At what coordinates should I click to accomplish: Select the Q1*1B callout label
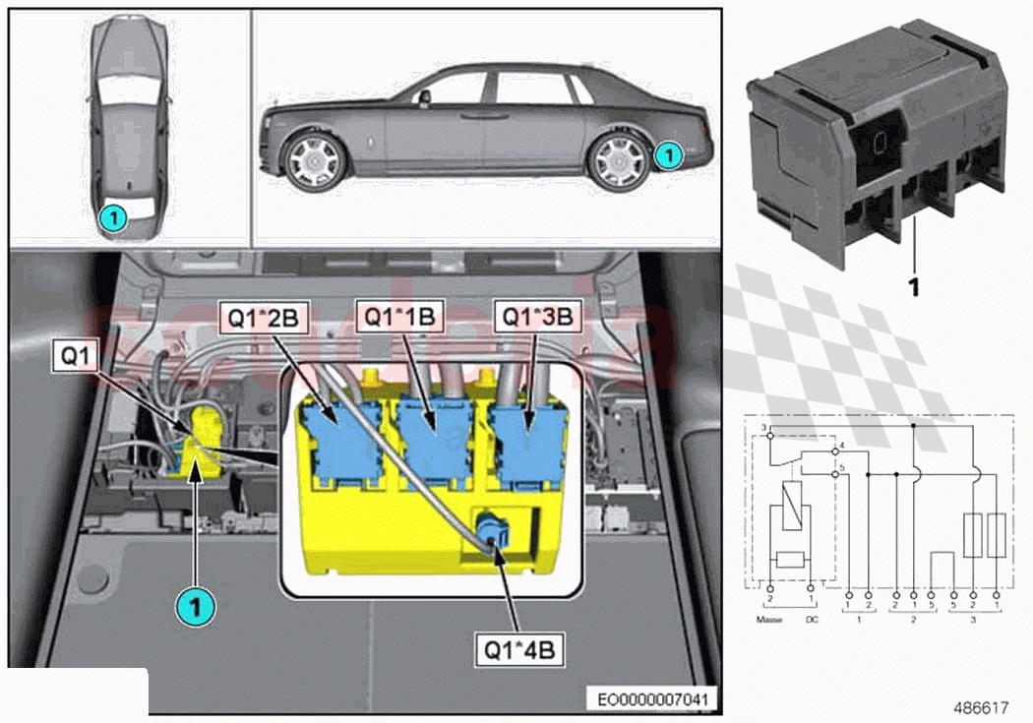click(x=400, y=318)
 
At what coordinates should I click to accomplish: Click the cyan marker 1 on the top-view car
click(x=113, y=215)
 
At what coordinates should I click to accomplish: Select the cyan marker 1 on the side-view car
click(x=667, y=154)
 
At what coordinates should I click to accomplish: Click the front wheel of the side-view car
click(x=315, y=161)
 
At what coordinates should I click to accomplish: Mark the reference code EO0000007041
click(x=653, y=699)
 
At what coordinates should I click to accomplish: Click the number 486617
click(x=980, y=706)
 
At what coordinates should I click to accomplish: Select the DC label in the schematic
click(x=811, y=619)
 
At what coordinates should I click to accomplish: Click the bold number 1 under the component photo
click(x=913, y=287)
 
